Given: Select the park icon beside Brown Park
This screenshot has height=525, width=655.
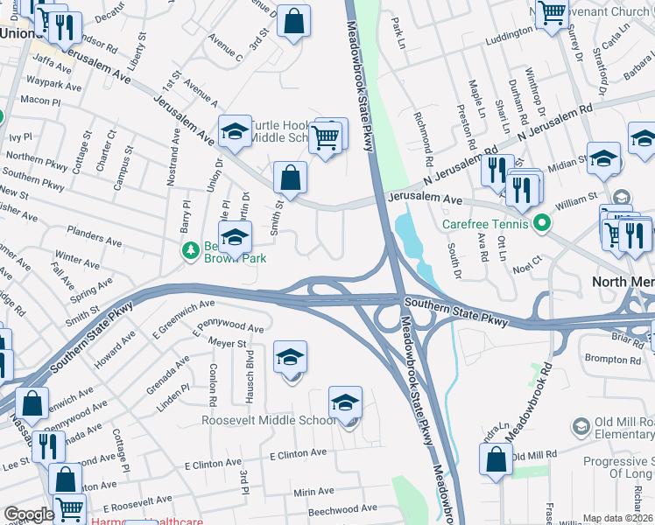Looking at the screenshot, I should click(x=190, y=251).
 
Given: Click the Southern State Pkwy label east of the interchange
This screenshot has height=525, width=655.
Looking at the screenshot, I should click(x=455, y=311).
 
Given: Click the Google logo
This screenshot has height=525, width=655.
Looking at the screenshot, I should click(x=29, y=514).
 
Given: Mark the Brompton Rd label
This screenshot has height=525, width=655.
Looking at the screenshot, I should click(x=612, y=359).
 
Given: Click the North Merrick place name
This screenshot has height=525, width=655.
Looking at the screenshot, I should click(x=623, y=282).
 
